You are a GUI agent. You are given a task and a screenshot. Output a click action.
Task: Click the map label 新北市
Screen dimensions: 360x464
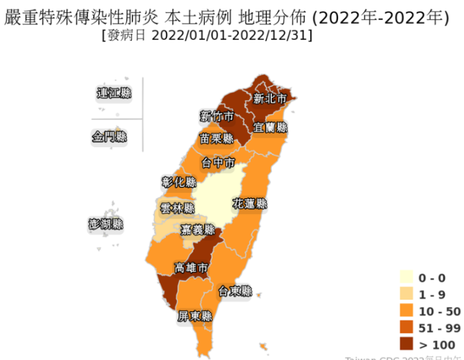coord(270,99)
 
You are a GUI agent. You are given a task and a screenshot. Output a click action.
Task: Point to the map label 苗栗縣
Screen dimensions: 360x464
coord(217,139)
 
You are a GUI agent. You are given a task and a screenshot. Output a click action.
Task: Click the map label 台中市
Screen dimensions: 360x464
coord(218,162)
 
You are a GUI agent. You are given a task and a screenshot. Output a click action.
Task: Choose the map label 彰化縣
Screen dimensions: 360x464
coord(179,182)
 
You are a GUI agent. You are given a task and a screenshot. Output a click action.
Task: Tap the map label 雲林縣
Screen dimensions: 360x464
coord(178,208)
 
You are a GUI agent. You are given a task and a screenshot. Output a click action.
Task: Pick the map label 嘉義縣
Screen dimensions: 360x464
coord(199,231)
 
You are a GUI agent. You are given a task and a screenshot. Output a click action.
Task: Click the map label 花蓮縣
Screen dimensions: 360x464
coord(250,204)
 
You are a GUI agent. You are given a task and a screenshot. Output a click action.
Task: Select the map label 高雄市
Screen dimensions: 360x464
coord(192,269)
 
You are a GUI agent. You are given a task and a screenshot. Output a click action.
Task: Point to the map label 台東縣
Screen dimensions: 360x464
coord(235,291)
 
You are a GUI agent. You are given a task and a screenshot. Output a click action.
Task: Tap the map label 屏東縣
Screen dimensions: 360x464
coord(196,317)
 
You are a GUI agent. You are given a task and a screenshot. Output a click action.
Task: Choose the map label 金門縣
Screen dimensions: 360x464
coord(109,137)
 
